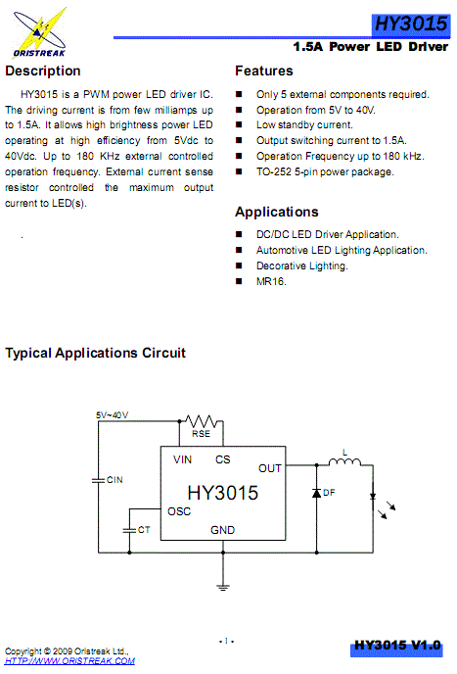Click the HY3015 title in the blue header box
tap(410, 24)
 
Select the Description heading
tap(43, 72)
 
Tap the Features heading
tap(263, 72)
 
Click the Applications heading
tap(277, 212)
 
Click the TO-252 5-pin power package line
tap(325, 171)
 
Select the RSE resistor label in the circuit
tap(201, 434)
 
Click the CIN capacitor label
tap(114, 480)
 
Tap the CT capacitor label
tap(143, 529)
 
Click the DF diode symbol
tap(316, 493)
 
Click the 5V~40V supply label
tap(112, 414)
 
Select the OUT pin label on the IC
tap(269, 468)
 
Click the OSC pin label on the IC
tap(179, 510)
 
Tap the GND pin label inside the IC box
tap(223, 530)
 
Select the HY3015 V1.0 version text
tap(397, 646)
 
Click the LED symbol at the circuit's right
tap(374, 496)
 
